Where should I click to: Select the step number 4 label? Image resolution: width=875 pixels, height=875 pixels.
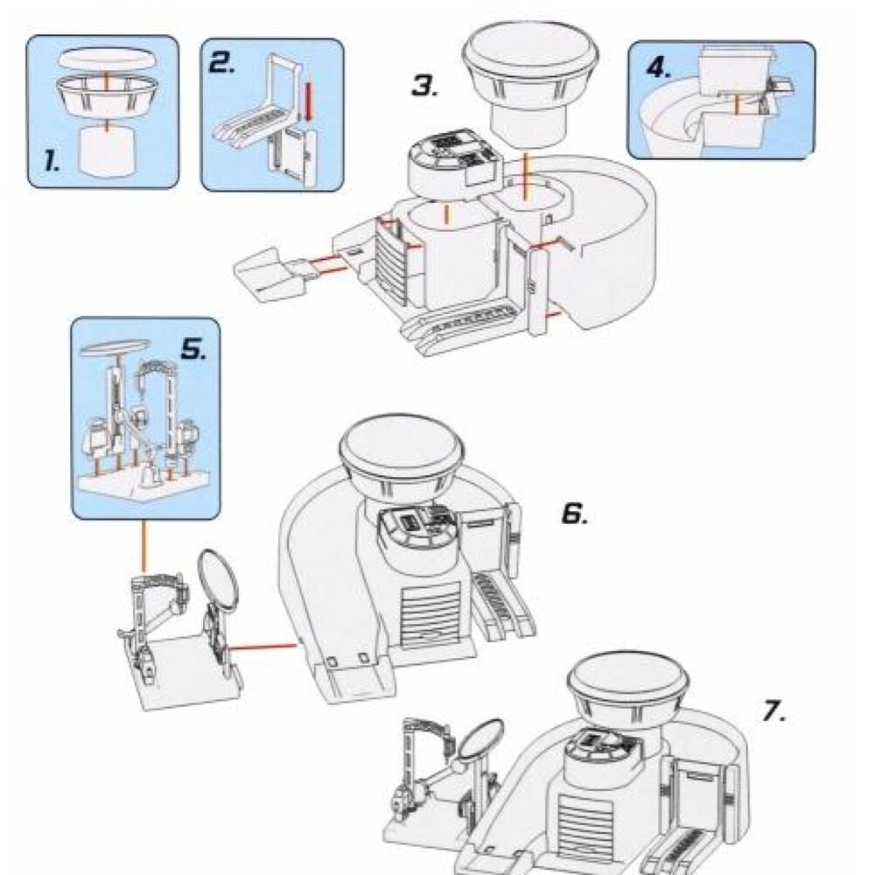pos(659,67)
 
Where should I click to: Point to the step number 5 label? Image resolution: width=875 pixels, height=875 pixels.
pos(192,350)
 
